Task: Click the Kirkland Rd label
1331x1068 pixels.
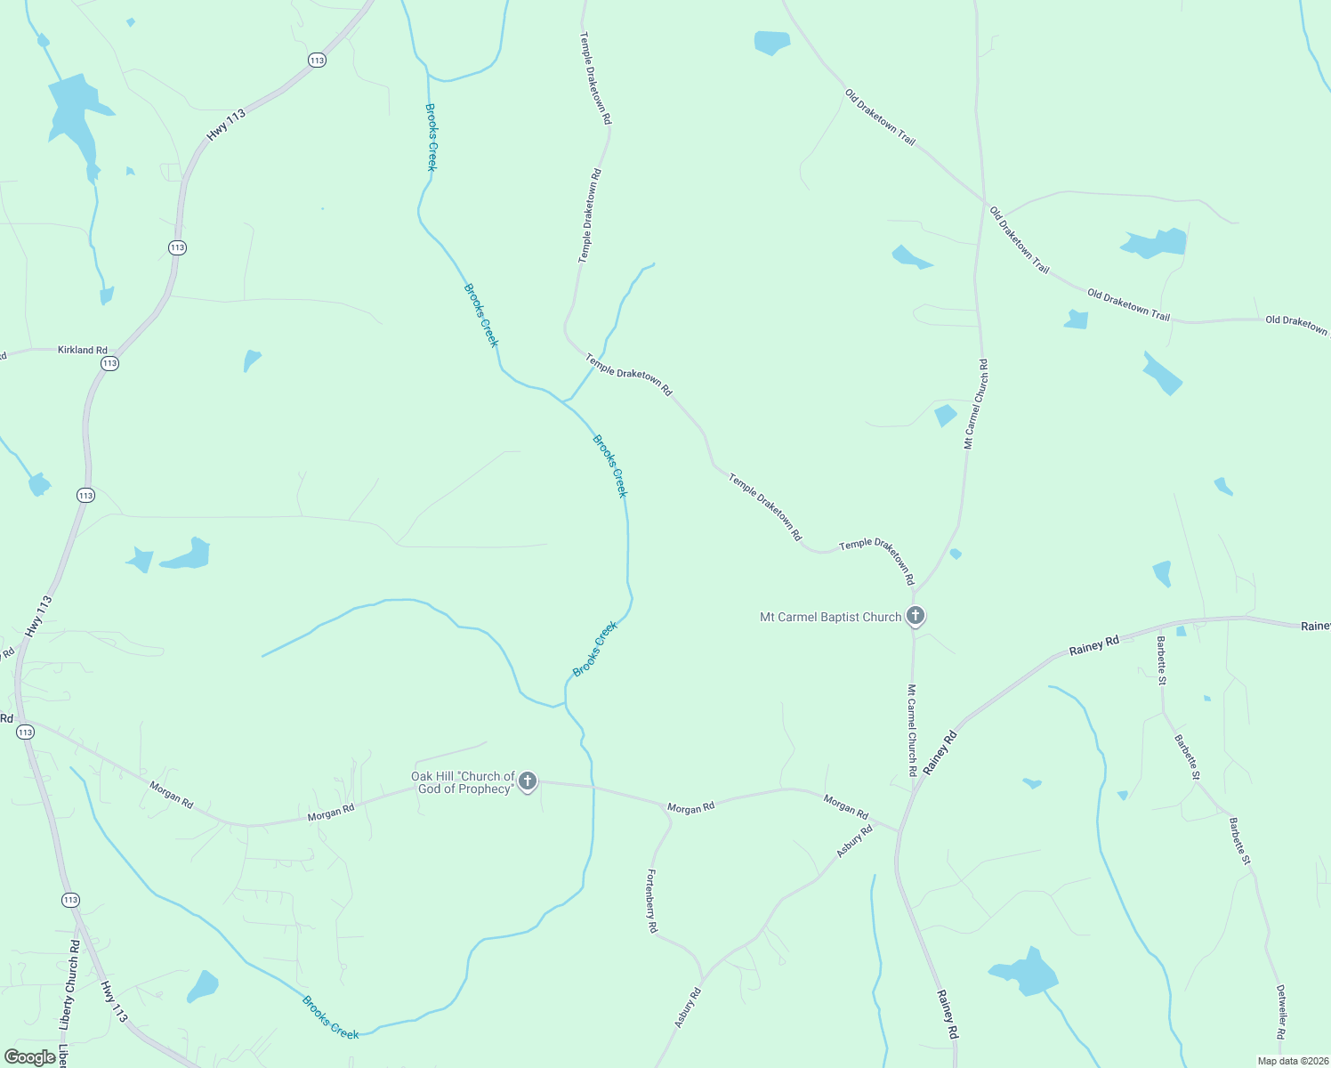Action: pyautogui.click(x=83, y=350)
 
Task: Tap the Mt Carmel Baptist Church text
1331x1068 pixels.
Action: pyautogui.click(x=830, y=617)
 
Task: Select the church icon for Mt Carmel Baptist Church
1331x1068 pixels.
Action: pyautogui.click(x=915, y=615)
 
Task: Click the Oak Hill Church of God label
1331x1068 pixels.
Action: pyautogui.click(x=463, y=782)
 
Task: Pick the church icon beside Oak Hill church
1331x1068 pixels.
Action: pyautogui.click(x=528, y=781)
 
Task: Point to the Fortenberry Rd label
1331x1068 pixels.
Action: pyautogui.click(x=652, y=900)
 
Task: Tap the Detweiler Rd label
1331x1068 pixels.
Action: pyautogui.click(x=1280, y=1011)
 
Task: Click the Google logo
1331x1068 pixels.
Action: pyautogui.click(x=29, y=1057)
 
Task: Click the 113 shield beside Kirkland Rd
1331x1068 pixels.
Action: pyautogui.click(x=109, y=363)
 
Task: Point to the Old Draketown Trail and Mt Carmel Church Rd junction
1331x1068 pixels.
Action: pyautogui.click(x=983, y=201)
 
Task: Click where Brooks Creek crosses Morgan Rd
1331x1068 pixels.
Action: pyautogui.click(x=593, y=788)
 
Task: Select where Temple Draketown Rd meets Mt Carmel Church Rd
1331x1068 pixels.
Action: pyautogui.click(x=914, y=592)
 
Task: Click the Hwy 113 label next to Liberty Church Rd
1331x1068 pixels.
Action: pyautogui.click(x=114, y=1001)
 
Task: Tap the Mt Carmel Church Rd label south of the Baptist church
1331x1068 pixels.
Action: pyautogui.click(x=912, y=730)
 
